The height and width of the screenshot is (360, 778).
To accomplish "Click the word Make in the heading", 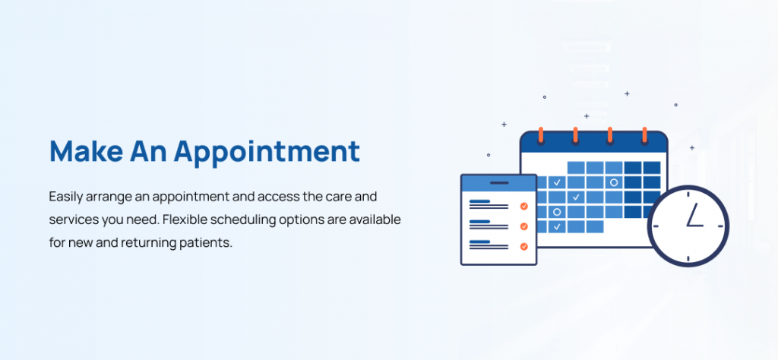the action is [x=86, y=150].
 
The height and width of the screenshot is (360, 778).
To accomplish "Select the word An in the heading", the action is [x=148, y=150].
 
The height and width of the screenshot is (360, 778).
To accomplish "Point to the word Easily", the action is [x=66, y=197].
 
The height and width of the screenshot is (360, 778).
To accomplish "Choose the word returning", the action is [x=147, y=244].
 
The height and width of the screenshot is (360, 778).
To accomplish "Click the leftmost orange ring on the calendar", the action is [x=541, y=135].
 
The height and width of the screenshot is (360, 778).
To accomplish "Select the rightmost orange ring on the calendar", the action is [x=644, y=135].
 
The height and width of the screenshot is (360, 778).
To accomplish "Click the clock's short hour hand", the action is [x=695, y=226].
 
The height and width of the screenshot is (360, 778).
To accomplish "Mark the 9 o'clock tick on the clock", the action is [x=656, y=226].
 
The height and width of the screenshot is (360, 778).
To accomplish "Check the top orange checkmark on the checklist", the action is [x=524, y=207].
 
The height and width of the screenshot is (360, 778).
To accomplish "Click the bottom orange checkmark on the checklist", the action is [x=524, y=246].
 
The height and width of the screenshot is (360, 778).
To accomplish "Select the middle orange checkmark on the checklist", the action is [x=524, y=226].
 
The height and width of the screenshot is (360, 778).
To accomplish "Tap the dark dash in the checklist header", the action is [x=499, y=183].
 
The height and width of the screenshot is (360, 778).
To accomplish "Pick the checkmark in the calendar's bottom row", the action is [x=557, y=226].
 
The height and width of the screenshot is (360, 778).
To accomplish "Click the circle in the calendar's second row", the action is [x=614, y=182].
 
